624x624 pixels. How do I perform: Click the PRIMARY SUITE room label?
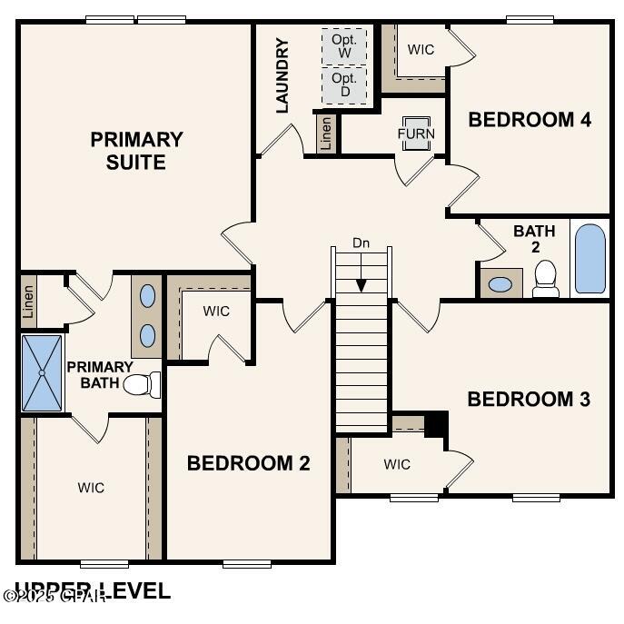pos(136,151)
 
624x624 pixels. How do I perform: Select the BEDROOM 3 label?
pos(529,399)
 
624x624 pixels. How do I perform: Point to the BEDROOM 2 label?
pos(248,463)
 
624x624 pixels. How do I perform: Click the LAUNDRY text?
pos(282,75)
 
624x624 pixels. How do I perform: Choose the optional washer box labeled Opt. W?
pos(344,46)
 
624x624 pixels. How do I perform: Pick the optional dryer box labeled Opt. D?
pos(344,85)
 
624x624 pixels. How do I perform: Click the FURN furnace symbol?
pos(416,133)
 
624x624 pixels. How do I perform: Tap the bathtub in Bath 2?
pos(589,258)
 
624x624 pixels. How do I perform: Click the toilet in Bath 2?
pos(546,278)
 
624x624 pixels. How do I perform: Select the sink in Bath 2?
pos(500,283)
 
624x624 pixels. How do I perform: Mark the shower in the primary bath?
pos(42,372)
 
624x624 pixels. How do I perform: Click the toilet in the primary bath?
pos(141,385)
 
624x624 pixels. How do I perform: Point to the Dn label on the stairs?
pos(362,243)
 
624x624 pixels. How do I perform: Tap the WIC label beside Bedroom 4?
pos(421,50)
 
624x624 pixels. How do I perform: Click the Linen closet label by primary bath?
pos(28,301)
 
